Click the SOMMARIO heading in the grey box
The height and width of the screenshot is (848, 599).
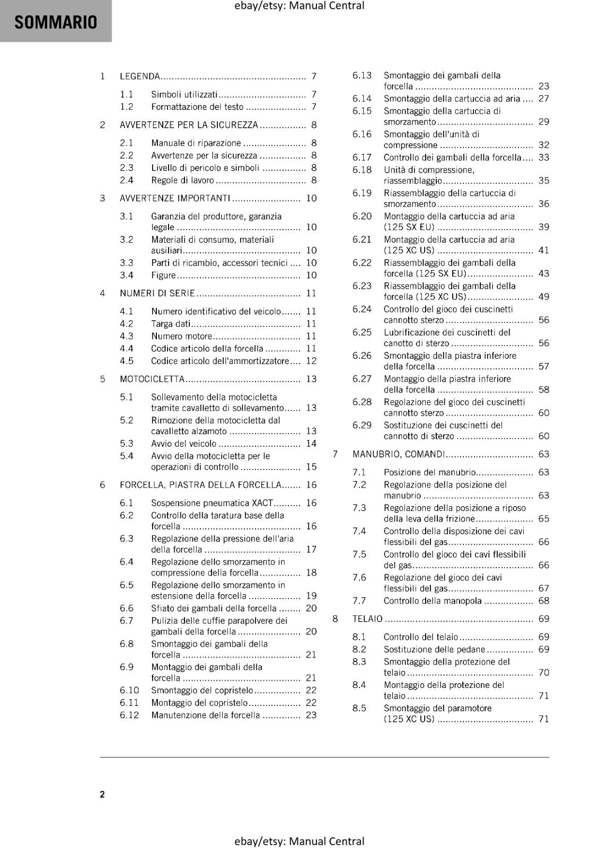(56, 22)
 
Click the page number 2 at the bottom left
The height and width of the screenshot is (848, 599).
(102, 794)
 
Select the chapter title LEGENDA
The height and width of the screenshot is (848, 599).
(140, 76)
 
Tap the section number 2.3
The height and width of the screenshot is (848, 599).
(126, 167)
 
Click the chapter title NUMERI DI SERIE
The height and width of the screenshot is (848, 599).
(157, 293)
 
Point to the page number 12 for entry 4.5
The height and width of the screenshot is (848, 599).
(311, 361)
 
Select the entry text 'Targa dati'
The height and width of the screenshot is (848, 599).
(171, 324)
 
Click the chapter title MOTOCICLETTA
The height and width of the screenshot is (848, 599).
(152, 379)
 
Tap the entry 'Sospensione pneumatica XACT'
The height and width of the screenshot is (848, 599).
(212, 503)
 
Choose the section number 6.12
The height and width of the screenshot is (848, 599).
(129, 715)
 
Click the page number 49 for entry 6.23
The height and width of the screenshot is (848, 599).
(544, 297)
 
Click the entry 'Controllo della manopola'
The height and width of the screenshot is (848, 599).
(433, 600)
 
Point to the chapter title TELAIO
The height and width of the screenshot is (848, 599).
(367, 619)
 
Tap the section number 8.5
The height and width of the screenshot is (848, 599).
(359, 708)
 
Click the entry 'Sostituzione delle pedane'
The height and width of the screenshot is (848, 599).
(434, 649)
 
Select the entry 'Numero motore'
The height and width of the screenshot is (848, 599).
(181, 336)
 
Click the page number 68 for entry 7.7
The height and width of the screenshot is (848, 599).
(544, 600)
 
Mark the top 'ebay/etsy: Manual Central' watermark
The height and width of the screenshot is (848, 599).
(299, 6)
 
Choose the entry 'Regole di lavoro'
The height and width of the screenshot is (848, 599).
(182, 180)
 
